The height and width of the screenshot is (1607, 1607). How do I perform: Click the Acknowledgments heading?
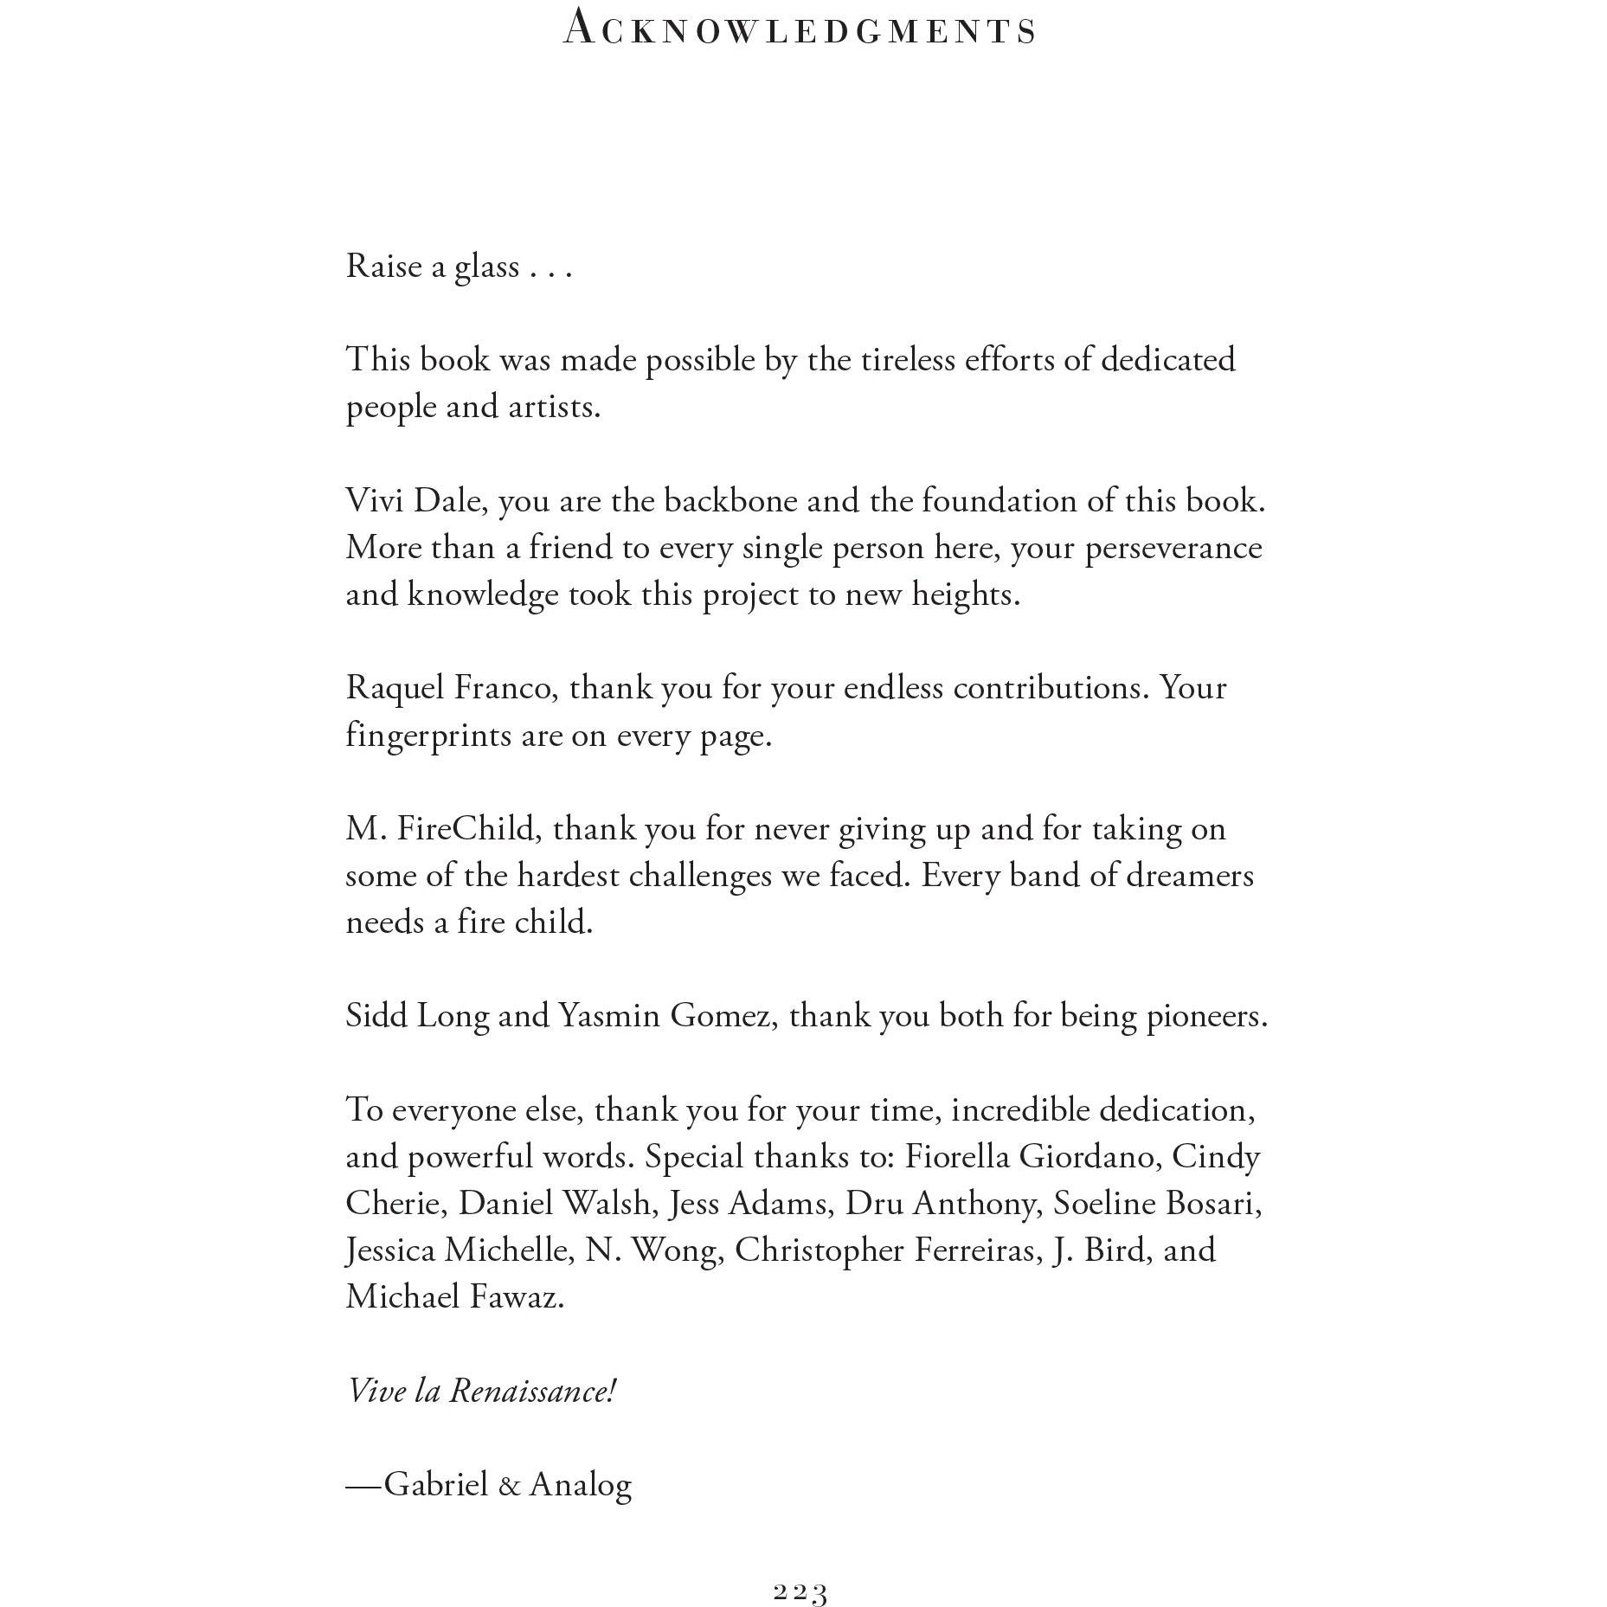tap(800, 29)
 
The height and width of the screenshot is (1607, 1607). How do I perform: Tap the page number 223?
tap(800, 1592)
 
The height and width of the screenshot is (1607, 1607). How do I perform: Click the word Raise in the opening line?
tap(383, 266)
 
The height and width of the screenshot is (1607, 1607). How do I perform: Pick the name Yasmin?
tap(609, 1015)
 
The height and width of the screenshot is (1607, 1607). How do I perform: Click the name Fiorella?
tap(957, 1156)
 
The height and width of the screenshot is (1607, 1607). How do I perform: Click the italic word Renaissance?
tap(532, 1391)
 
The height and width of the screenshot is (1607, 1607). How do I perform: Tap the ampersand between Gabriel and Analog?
tap(510, 1485)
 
